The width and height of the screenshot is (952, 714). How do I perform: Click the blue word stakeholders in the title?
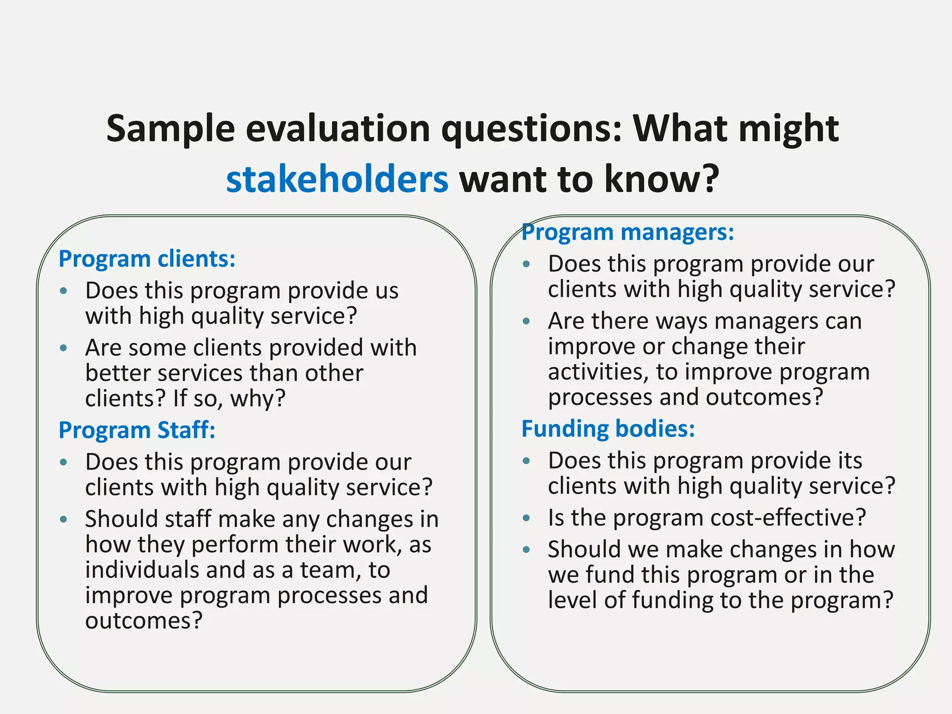337,179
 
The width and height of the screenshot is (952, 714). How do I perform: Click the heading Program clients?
147,258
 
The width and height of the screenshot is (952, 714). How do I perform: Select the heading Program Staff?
137,430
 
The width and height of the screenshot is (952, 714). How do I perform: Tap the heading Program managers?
628,231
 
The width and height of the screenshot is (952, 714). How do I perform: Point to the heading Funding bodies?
608,428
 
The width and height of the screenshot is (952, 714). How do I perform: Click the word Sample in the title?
170,128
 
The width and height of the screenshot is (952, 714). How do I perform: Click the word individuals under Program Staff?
142,570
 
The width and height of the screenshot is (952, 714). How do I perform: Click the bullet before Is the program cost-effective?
526,518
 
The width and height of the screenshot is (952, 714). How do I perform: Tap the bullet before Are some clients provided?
64,348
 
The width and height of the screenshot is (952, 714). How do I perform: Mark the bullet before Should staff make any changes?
64,519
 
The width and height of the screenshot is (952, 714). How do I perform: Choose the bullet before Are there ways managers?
526,321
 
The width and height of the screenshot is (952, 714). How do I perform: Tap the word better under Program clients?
118,373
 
